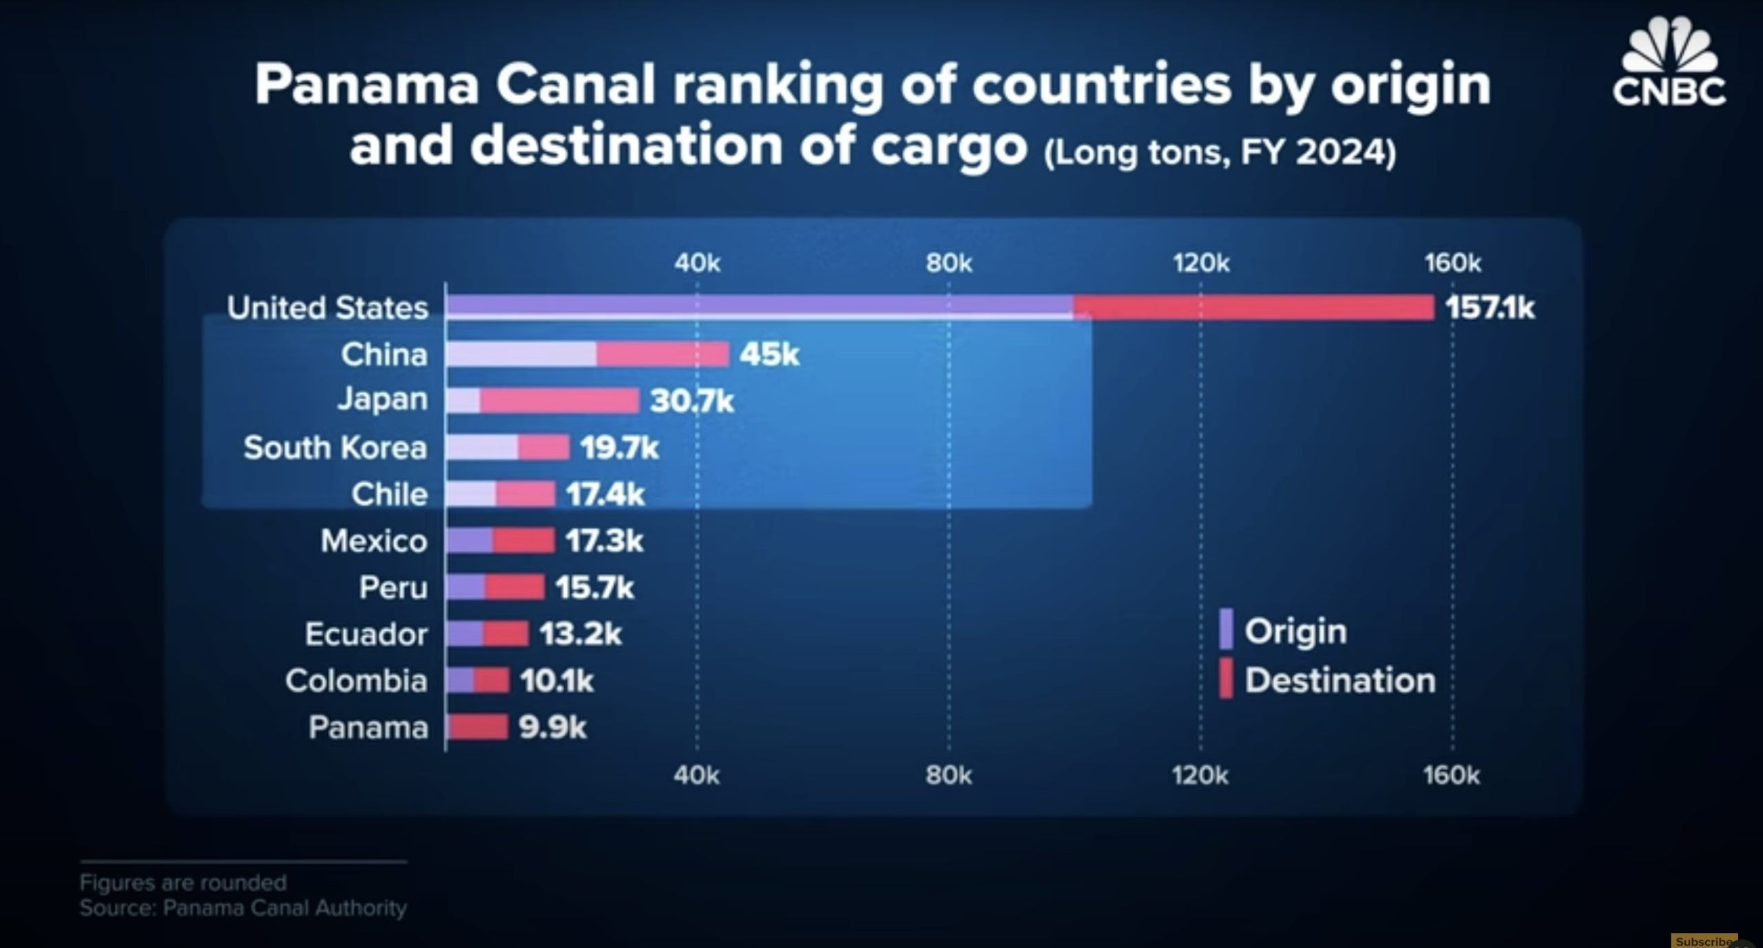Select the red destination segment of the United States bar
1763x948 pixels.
pos(1253,307)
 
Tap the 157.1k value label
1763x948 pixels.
pos(1490,308)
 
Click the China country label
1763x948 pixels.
pos(384,355)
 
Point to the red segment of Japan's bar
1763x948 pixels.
pos(559,401)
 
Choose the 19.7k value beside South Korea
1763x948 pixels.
pos(619,448)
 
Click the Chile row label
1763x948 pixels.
pos(389,494)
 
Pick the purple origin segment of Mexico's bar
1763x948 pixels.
pos(470,541)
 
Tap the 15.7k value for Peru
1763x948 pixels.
pos(594,587)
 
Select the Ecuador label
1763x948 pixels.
pos(366,634)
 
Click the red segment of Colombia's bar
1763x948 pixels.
pos(491,681)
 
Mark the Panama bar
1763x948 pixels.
pos(477,727)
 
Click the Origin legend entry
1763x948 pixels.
pos(1295,631)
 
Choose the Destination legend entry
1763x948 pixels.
pos(1339,680)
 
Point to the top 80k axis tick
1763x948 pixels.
pos(948,263)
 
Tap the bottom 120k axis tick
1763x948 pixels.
pos(1200,776)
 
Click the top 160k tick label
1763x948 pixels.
pos(1452,263)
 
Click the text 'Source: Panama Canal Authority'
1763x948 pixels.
pos(243,908)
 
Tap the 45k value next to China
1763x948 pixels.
pos(769,355)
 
